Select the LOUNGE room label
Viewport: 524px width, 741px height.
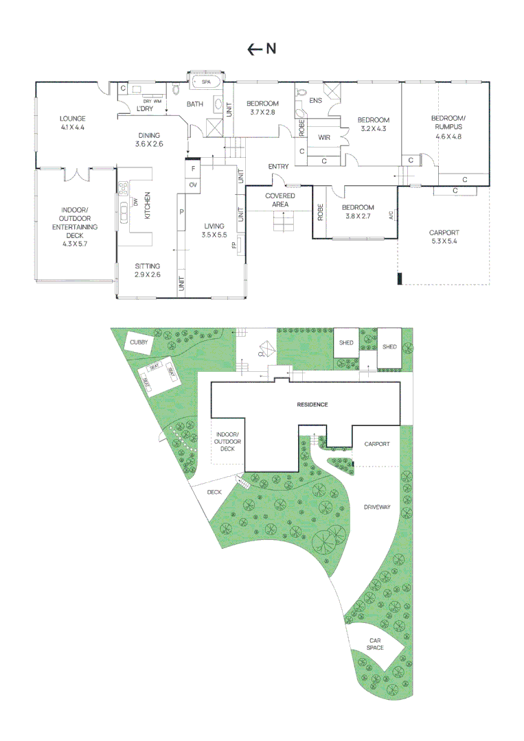[x=72, y=123]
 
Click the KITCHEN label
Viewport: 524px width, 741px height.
[x=146, y=205]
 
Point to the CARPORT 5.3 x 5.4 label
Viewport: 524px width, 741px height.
[x=444, y=237]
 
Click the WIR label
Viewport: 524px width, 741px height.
[x=325, y=137]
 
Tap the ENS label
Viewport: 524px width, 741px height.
[x=316, y=101]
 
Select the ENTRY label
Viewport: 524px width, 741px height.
[x=278, y=167]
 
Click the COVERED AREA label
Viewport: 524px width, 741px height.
[x=280, y=200]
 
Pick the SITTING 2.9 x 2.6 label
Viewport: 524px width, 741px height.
[x=148, y=270]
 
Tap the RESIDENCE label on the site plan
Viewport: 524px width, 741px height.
[x=312, y=405]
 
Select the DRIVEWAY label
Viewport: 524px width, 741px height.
[x=377, y=507]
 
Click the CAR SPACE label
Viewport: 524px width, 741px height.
[x=374, y=644]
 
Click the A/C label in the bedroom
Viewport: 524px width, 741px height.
[x=391, y=214]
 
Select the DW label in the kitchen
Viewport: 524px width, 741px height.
[x=136, y=201]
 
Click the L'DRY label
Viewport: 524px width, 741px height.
[x=144, y=109]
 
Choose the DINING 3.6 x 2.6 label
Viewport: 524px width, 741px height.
[x=149, y=139]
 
